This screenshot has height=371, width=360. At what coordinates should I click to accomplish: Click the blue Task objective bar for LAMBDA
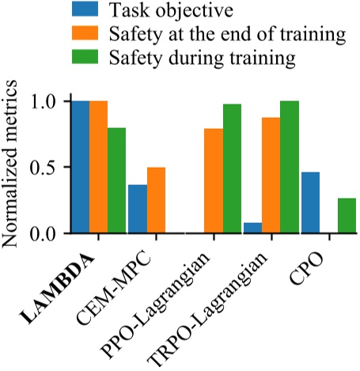80,168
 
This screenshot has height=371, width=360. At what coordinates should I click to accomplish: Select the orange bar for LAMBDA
98,168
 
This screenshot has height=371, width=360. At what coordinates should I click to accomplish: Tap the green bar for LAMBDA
117,181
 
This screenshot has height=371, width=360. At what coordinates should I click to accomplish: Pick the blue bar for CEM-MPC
137,210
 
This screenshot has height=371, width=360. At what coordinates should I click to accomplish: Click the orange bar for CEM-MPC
156,201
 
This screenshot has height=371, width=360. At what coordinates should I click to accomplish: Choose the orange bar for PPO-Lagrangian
214,181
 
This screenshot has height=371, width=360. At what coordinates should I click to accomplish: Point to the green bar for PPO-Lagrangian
232,169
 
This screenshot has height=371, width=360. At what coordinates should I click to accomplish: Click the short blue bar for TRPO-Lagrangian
252,229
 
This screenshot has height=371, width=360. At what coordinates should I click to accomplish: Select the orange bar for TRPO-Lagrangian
271,176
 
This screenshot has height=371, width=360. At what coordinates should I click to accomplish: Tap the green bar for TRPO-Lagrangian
290,168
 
